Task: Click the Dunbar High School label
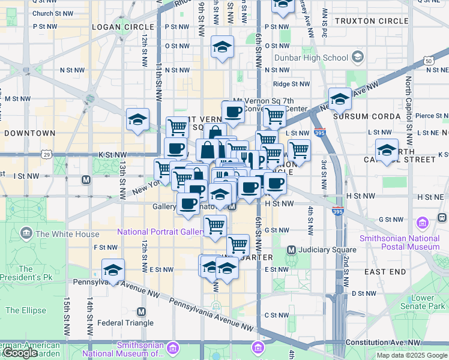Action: (311, 58)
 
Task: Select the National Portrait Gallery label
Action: (161, 232)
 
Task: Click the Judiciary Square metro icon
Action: (291, 250)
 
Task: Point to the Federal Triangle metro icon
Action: (142, 311)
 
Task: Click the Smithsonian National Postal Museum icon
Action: (424, 223)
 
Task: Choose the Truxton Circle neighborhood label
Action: (372, 21)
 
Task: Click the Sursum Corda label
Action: (366, 116)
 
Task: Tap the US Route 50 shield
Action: (428, 61)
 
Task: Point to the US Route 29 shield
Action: (46, 155)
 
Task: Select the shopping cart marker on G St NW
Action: (215, 226)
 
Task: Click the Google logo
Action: (20, 353)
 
